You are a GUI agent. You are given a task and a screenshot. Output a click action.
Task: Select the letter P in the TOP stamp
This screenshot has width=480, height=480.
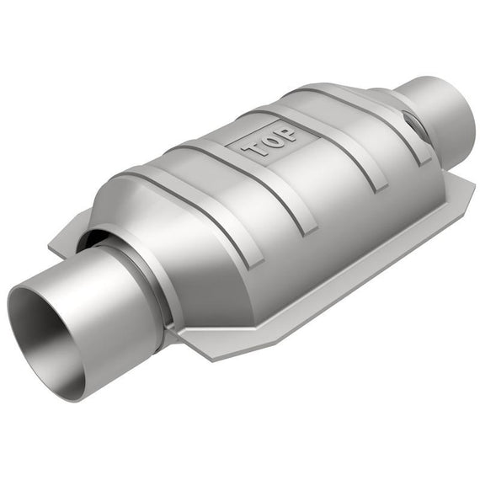pos(286,134)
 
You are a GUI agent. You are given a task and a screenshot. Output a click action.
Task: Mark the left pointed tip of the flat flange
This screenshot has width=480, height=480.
pos(49,246)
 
